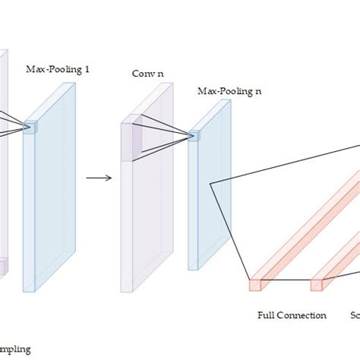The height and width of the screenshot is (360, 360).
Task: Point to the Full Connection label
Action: click(292, 315)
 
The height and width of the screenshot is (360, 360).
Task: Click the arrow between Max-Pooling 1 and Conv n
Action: click(98, 178)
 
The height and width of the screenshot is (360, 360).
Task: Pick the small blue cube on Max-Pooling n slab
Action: click(193, 136)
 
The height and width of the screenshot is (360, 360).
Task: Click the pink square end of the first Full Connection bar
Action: click(254, 286)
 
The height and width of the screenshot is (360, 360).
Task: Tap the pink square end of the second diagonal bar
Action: click(316, 286)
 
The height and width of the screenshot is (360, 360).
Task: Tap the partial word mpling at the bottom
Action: click(15, 349)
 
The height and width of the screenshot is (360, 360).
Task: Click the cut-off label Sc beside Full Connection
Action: click(355, 315)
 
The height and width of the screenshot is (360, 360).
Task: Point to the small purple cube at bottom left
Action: click(2, 267)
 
